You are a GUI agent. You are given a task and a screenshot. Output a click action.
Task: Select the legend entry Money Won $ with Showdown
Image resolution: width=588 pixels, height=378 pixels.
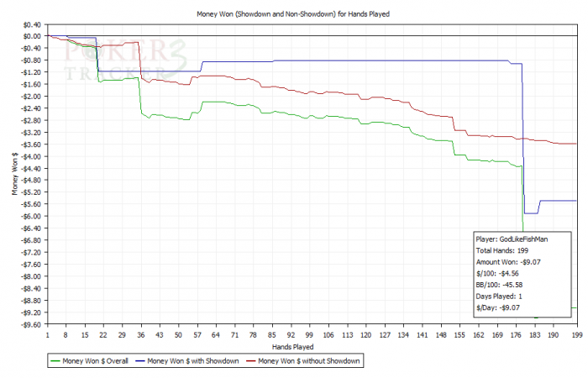click(196, 360)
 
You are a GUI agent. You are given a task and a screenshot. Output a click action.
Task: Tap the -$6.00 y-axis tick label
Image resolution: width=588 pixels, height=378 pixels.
click(29, 217)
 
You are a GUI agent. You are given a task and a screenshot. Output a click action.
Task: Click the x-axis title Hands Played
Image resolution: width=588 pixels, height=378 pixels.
click(293, 345)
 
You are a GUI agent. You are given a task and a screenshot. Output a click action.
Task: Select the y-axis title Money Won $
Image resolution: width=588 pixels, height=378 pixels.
click(13, 181)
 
